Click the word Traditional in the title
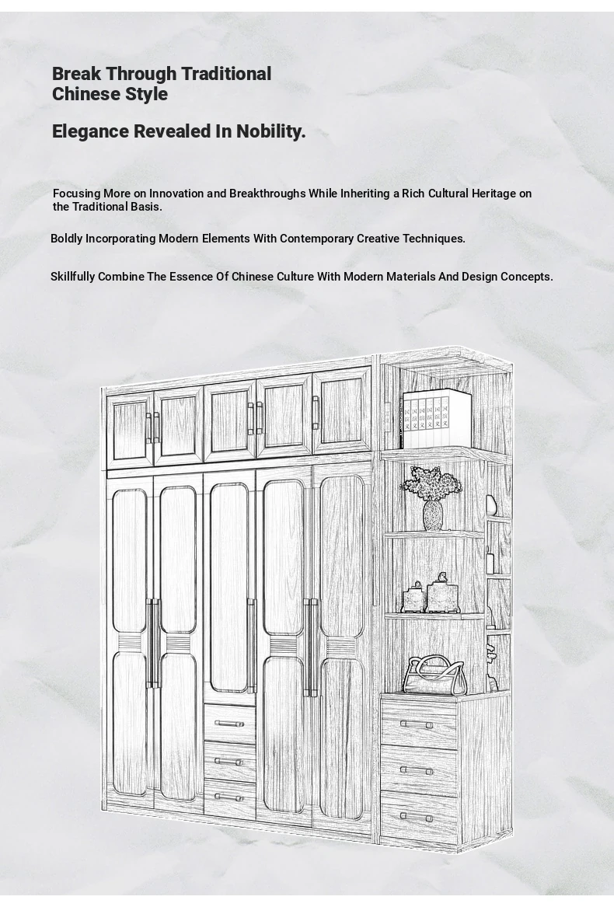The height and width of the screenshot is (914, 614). point(225,74)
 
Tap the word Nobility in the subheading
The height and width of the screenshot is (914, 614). point(271,132)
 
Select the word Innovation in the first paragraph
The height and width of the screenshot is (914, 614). point(176,194)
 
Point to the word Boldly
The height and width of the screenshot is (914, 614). point(67,239)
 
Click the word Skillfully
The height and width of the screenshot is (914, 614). point(73,277)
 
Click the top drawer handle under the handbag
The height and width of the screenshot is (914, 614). point(417,724)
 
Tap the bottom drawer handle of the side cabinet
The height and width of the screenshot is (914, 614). point(417,818)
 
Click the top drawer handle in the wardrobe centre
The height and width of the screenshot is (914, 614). point(229,724)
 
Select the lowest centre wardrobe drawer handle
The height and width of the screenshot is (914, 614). point(229,797)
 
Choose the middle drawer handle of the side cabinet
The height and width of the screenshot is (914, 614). point(417,771)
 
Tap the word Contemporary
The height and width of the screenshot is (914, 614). point(316,239)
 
